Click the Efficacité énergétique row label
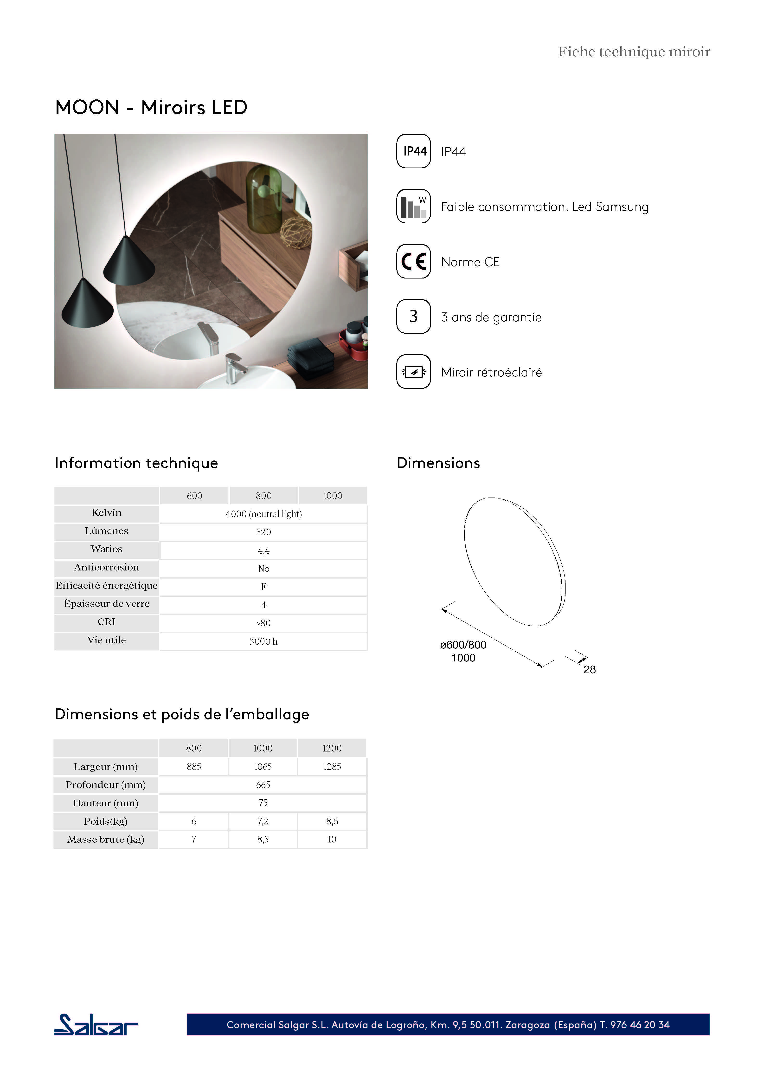[x=106, y=586]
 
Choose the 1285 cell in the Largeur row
[x=332, y=766]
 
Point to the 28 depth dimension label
[x=589, y=669]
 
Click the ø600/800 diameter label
[x=463, y=645]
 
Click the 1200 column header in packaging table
[x=332, y=748]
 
